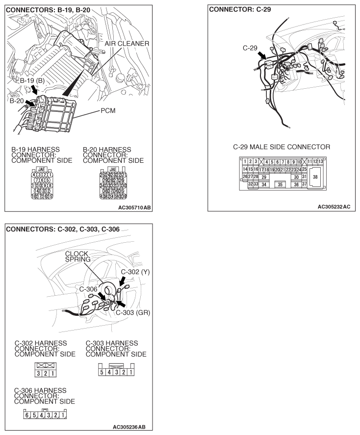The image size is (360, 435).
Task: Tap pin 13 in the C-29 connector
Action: coord(320,162)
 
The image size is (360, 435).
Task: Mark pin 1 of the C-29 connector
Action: coord(245,162)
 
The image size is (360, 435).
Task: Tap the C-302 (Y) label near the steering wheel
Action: coord(134,271)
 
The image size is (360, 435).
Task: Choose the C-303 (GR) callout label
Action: coord(136,312)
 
